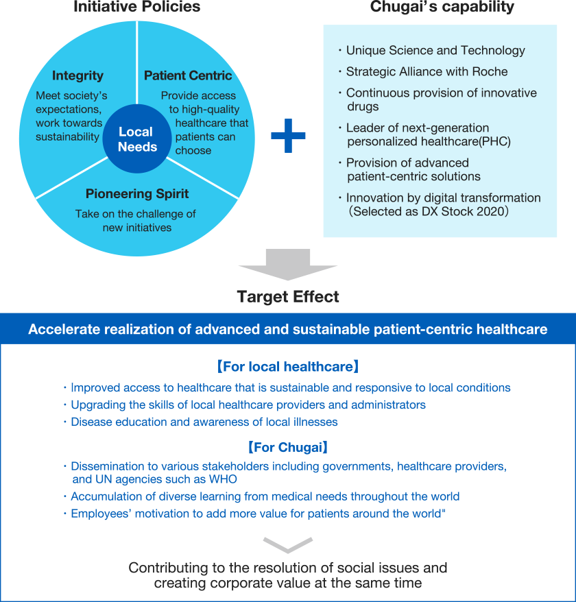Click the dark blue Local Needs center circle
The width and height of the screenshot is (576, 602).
[137, 139]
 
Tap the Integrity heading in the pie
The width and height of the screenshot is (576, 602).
[77, 75]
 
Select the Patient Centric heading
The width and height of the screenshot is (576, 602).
[188, 75]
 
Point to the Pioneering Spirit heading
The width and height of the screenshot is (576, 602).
[137, 194]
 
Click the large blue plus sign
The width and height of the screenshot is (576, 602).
[288, 136]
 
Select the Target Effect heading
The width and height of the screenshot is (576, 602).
[288, 297]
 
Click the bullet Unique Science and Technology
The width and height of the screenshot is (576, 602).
[435, 50]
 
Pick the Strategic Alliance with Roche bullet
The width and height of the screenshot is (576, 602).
[427, 71]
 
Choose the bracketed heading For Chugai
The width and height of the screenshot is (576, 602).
[287, 448]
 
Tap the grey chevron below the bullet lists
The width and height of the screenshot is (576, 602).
[288, 544]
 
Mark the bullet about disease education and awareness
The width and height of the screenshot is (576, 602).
[204, 422]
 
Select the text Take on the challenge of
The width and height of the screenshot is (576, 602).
[136, 214]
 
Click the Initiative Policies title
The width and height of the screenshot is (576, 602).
[136, 8]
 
